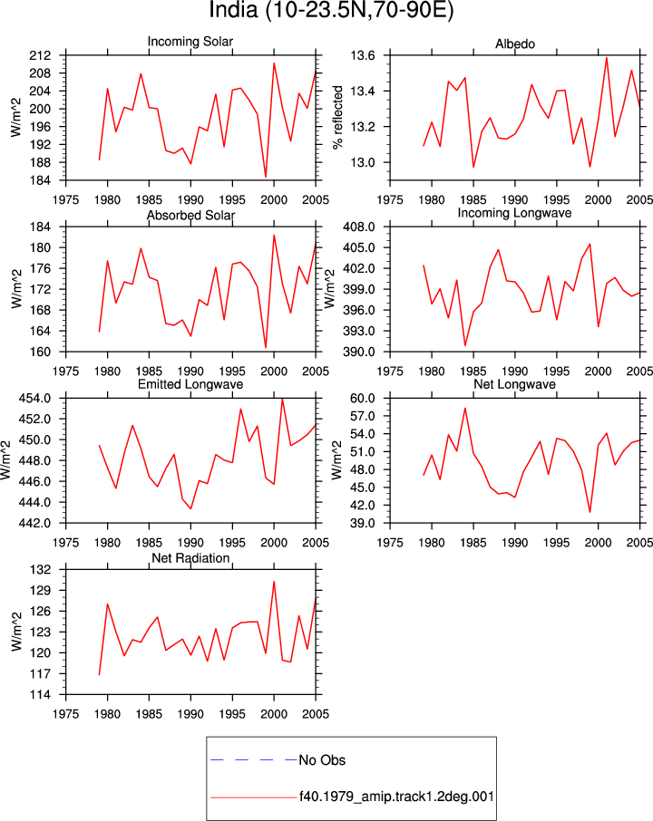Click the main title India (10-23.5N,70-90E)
[x=331, y=11]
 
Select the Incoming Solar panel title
[x=190, y=42]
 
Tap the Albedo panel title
[x=515, y=44]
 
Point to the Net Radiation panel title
[x=190, y=558]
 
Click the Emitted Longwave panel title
[x=190, y=384]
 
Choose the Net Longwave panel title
[x=514, y=384]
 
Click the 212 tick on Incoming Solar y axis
[x=40, y=55]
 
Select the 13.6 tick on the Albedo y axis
[x=363, y=55]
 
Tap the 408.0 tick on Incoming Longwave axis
[x=359, y=227]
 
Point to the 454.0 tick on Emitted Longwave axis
[x=35, y=399]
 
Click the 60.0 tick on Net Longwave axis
[x=363, y=399]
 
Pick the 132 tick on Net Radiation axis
[x=40, y=570]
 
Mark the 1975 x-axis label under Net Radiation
[x=66, y=714]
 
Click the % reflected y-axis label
[x=338, y=117]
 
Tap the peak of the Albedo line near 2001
[x=607, y=58]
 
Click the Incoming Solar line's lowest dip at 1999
[x=266, y=177]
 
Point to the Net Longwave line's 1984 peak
[x=465, y=409]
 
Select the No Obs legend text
[x=322, y=760]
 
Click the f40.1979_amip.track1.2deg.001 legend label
[x=396, y=797]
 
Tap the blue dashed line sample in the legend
[x=254, y=759]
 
